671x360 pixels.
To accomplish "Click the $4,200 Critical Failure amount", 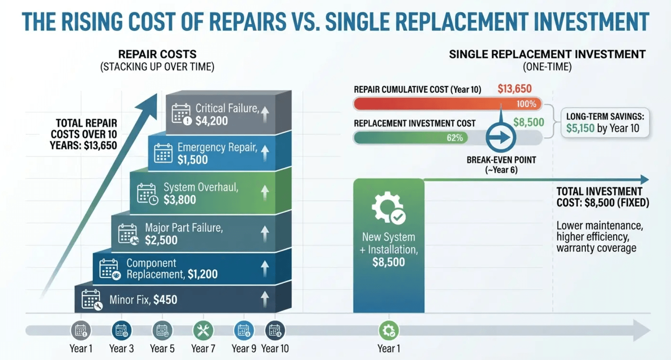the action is pyautogui.click(x=211, y=121).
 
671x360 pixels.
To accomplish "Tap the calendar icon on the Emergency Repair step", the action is pyautogui.click(x=163, y=153).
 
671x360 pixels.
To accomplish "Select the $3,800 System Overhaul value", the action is pyautogui.click(x=180, y=200).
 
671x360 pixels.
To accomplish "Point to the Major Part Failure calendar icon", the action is pyautogui.click(x=128, y=234).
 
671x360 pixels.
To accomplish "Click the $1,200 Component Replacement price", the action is pyautogui.click(x=202, y=274).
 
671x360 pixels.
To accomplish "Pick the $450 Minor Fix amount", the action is pyautogui.click(x=165, y=300).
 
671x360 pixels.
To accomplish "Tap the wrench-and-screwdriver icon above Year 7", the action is pyautogui.click(x=203, y=330).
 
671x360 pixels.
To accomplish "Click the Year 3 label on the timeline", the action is pyautogui.click(x=121, y=349).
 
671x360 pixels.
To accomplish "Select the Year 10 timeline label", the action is pyautogui.click(x=275, y=349).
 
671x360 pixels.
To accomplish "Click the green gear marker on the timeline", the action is pyautogui.click(x=389, y=330).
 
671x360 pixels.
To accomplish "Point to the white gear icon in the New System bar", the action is pyautogui.click(x=388, y=207).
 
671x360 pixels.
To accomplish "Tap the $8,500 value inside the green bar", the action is pyautogui.click(x=388, y=262).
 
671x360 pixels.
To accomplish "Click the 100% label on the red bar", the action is pyautogui.click(x=526, y=104).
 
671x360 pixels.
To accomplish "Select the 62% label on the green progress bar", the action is pyautogui.click(x=455, y=138).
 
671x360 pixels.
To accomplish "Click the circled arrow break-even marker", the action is pyautogui.click(x=501, y=138).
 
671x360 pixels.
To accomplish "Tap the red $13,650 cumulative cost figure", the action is pyautogui.click(x=515, y=89).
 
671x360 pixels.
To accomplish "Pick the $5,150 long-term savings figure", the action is pyautogui.click(x=580, y=128).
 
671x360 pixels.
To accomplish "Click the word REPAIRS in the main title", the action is pyautogui.click(x=247, y=22).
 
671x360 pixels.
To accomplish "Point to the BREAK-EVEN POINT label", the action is pyautogui.click(x=501, y=160).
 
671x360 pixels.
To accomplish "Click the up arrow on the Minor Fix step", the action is pyautogui.click(x=264, y=300).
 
